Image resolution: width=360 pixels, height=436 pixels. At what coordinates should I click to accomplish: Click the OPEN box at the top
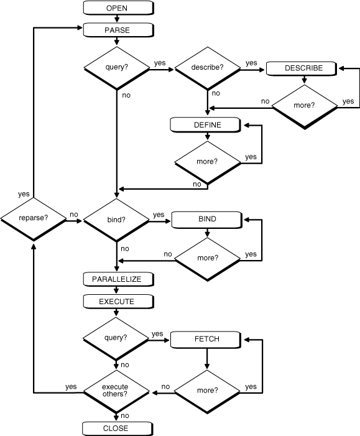click(116, 8)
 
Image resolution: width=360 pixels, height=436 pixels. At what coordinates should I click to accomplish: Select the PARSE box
click(116, 29)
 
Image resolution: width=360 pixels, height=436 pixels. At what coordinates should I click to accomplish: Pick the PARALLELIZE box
click(116, 279)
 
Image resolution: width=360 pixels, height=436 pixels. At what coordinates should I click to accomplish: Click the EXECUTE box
click(116, 301)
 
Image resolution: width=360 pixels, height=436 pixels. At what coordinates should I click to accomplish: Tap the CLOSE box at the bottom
click(116, 428)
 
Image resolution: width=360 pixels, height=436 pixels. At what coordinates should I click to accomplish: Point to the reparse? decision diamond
click(34, 219)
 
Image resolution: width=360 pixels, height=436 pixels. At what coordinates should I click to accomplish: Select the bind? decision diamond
click(116, 220)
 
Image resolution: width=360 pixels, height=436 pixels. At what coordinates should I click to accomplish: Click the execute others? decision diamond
click(116, 391)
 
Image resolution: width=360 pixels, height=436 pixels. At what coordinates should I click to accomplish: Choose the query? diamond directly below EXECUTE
click(116, 339)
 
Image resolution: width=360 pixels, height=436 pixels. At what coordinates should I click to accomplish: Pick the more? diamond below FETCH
click(207, 391)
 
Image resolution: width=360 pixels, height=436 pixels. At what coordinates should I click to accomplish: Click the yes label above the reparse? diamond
click(24, 194)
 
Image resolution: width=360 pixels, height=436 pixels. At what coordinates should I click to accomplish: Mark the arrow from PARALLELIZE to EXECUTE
click(116, 290)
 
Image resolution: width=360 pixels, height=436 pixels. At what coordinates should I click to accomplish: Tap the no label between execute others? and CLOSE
click(124, 415)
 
